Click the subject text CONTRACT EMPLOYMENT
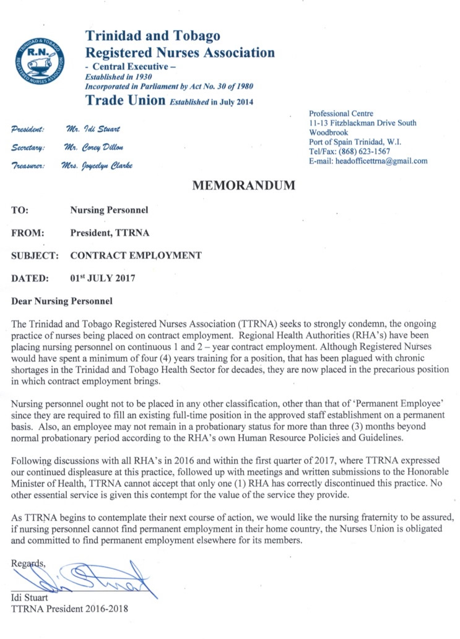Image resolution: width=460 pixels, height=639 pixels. tap(136, 255)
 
